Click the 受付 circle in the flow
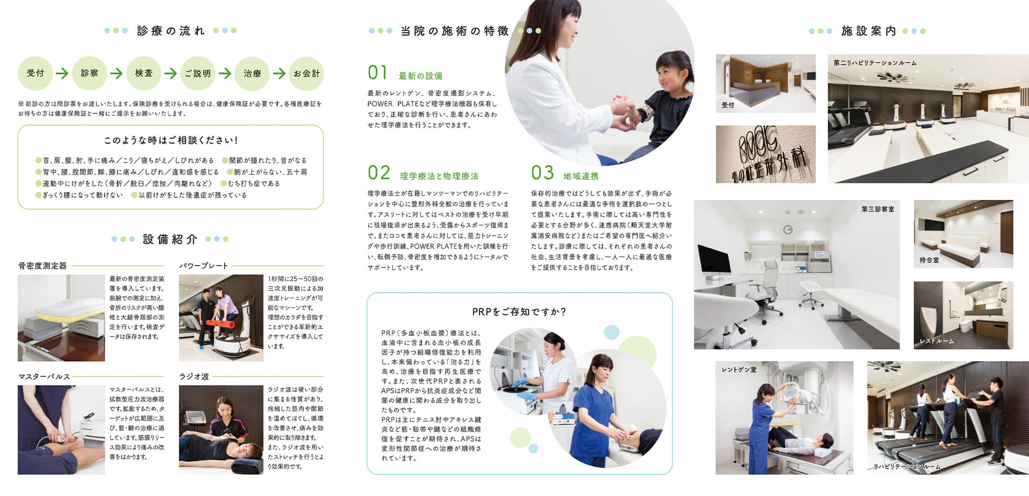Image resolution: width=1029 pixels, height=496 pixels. (x=35, y=73)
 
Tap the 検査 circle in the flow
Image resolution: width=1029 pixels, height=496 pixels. (x=144, y=73)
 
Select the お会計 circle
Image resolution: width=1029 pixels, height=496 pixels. (x=306, y=73)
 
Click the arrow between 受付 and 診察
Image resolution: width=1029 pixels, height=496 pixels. (x=62, y=73)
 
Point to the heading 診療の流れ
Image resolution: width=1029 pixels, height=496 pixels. (x=171, y=31)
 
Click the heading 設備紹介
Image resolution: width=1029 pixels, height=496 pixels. (x=170, y=239)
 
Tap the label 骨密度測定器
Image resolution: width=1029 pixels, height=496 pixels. (x=42, y=266)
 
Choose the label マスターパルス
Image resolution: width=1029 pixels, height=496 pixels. (x=44, y=376)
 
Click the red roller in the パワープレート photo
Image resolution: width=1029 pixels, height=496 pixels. (x=218, y=324)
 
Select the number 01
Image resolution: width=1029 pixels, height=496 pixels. (x=377, y=73)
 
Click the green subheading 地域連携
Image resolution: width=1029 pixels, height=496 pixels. (x=581, y=176)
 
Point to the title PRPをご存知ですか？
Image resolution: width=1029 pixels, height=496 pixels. (x=519, y=312)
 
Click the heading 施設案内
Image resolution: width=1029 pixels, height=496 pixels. (x=869, y=31)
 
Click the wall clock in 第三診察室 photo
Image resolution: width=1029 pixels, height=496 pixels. (x=788, y=230)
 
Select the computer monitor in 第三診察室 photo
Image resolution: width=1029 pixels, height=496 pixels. (x=714, y=260)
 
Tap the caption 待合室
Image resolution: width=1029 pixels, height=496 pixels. (x=929, y=260)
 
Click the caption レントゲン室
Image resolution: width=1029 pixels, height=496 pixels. (x=739, y=369)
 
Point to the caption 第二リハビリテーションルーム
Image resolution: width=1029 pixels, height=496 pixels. (x=875, y=63)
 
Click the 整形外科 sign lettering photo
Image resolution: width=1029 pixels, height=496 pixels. (x=766, y=154)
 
